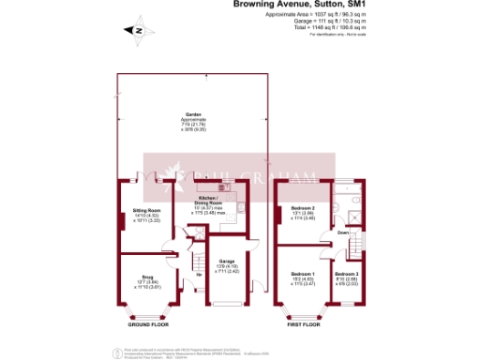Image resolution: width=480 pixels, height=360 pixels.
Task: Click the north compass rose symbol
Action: tap(137, 30)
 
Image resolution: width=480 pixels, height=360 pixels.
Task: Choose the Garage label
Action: tap(226, 263)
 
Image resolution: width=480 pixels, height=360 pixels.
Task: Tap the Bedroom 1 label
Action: tap(301, 277)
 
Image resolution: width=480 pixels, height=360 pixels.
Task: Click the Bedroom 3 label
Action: tap(347, 277)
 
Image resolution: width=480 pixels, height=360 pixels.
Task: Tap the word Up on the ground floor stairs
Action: tap(198, 275)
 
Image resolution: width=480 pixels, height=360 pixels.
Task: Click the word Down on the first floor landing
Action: tap(343, 232)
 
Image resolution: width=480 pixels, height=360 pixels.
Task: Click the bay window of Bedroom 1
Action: tap(302, 310)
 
